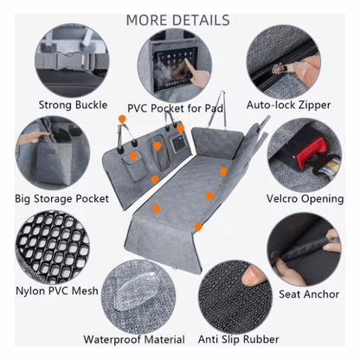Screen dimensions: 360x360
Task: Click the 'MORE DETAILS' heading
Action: tap(178, 20)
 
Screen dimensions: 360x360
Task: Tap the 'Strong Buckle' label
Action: tap(74, 105)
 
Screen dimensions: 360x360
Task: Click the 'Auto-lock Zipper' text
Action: tap(288, 105)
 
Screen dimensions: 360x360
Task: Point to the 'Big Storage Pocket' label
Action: tap(61, 198)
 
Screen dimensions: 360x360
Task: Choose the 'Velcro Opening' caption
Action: tap(304, 198)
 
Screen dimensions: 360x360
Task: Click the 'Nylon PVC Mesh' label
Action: tap(56, 292)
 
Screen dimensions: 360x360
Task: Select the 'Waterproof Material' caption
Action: tap(134, 339)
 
